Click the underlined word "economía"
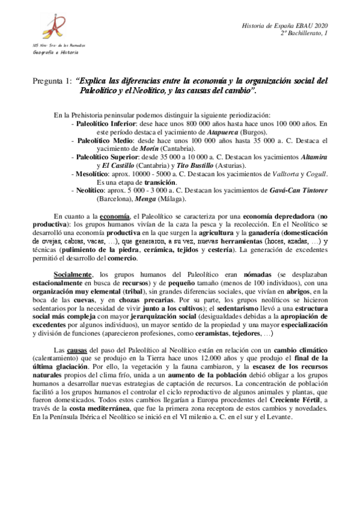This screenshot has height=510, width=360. tap(114, 216)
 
